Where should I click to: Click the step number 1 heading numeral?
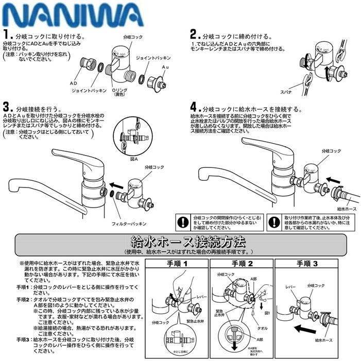[7, 36]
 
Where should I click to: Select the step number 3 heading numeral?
[7, 108]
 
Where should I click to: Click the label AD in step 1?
[74, 82]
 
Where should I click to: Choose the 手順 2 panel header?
[241, 263]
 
